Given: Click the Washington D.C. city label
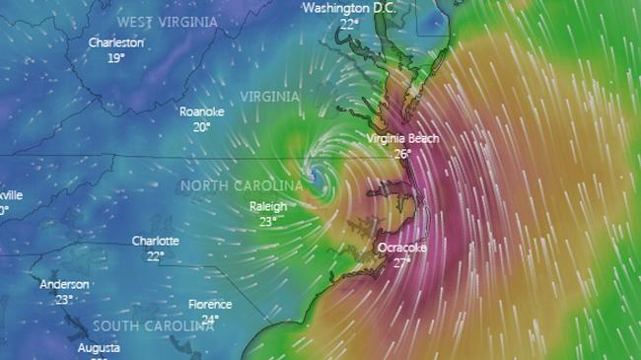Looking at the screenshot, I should tap(346, 8).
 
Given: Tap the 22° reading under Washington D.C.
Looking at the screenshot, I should tap(349, 24).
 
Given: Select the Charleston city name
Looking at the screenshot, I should tap(115, 42).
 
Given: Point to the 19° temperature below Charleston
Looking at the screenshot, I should tap(116, 58).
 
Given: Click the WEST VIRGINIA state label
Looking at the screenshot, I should tap(167, 22).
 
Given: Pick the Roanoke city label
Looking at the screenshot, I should tap(201, 111).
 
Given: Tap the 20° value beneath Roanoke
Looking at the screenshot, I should tap(202, 126).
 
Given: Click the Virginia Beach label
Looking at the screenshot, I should tap(401, 138).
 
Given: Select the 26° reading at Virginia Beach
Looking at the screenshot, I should tap(402, 154).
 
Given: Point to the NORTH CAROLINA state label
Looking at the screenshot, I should tap(241, 185).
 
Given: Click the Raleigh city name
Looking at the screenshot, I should tap(267, 206).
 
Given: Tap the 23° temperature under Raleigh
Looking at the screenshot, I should tap(267, 222).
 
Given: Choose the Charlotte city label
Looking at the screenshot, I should tap(156, 241).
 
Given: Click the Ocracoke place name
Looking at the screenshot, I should tap(402, 248).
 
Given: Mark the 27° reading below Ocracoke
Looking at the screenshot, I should tap(402, 262).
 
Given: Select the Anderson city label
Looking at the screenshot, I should tap(64, 284).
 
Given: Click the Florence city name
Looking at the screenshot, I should tap(211, 305).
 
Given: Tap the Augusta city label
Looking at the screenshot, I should tap(100, 348).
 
